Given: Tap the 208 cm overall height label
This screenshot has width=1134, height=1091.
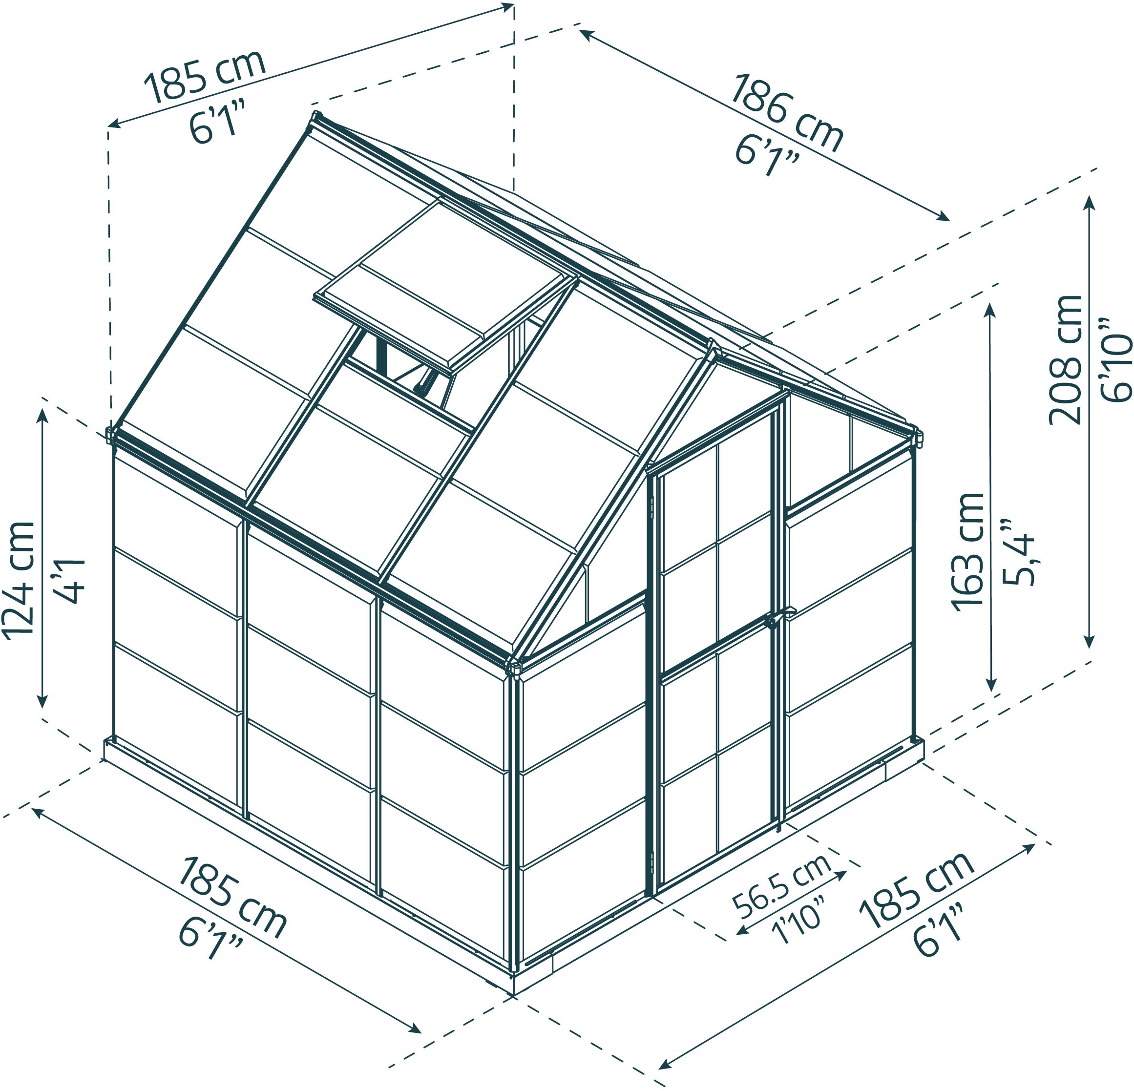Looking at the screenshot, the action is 1065,359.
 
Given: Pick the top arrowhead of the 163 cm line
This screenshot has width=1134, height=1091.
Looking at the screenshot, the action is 990,309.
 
